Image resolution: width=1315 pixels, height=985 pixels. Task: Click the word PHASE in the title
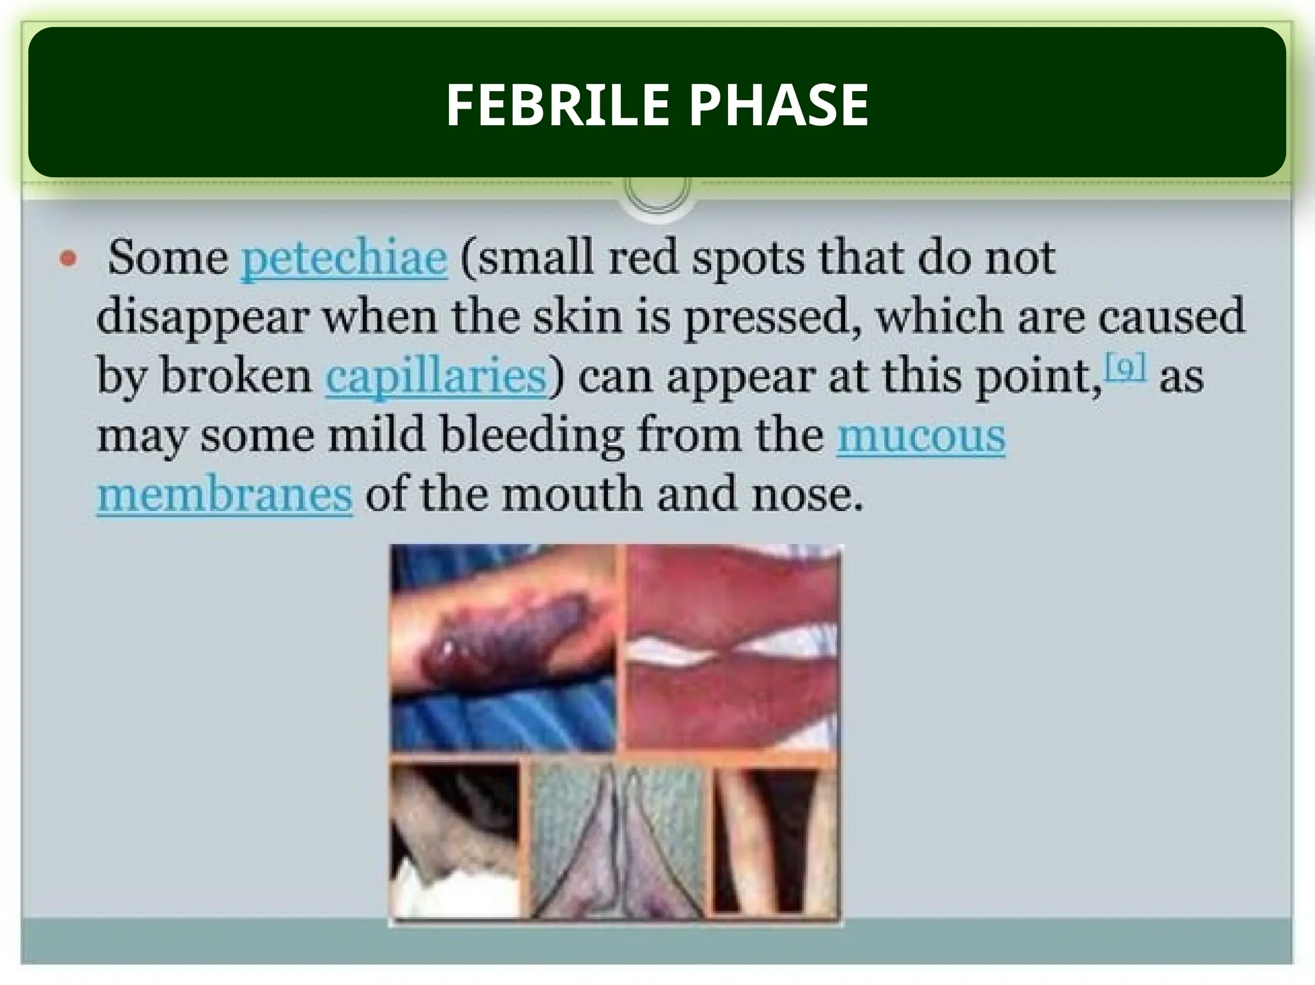(x=779, y=105)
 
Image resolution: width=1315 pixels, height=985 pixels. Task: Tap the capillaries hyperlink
(x=435, y=377)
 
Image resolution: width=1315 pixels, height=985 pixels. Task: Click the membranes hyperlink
(x=225, y=495)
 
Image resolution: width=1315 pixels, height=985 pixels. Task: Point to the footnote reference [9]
(x=1124, y=368)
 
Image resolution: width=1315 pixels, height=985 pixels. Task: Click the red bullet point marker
(x=68, y=259)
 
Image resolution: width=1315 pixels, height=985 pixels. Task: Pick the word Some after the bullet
(x=168, y=258)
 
